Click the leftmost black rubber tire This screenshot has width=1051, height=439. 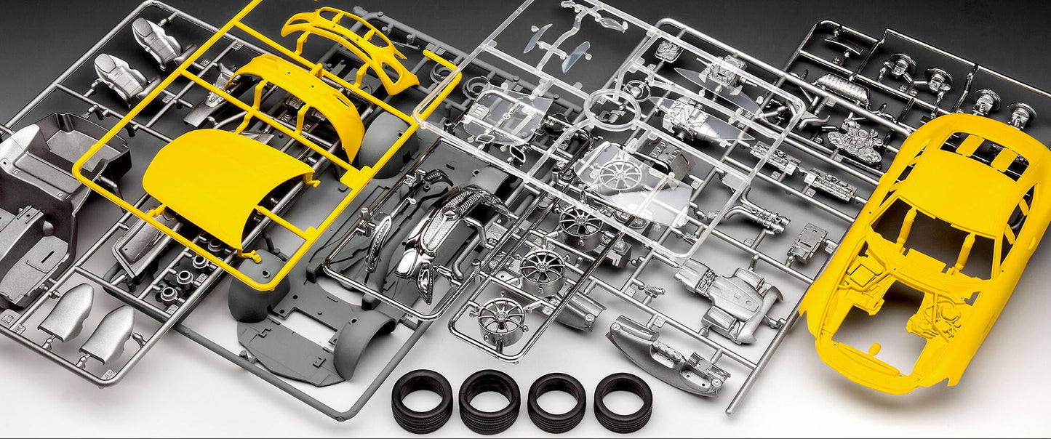tap(422, 400)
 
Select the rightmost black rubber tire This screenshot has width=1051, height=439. tap(623, 400)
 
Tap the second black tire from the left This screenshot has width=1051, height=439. tap(489, 400)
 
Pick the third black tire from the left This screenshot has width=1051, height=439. tap(556, 400)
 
